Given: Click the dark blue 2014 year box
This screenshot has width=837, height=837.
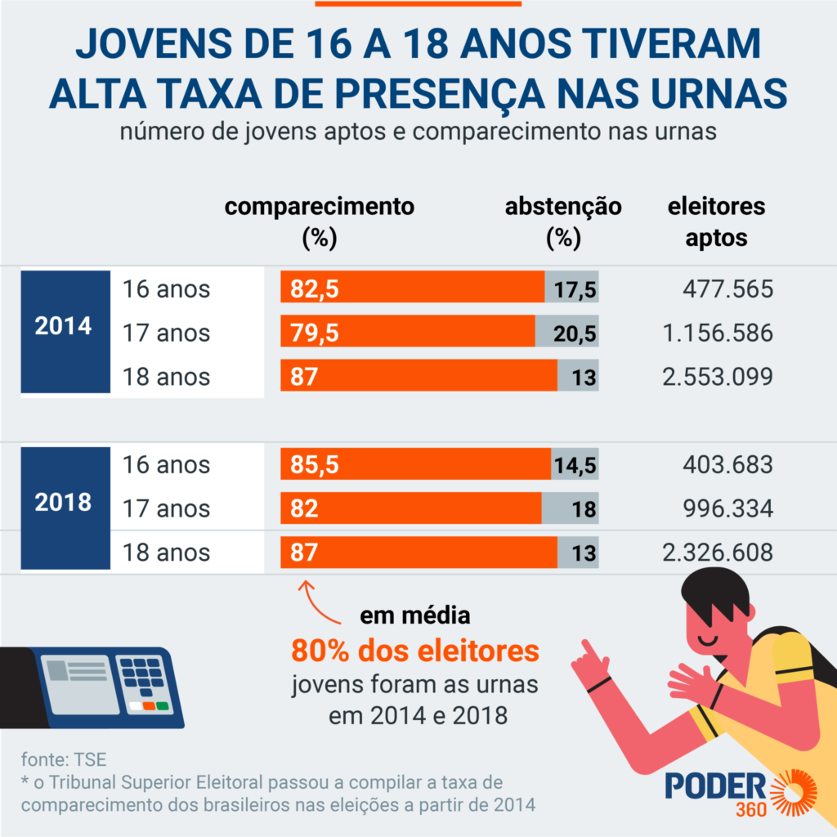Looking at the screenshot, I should pos(64,326).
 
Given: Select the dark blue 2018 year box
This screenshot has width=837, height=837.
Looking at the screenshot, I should pos(64,502).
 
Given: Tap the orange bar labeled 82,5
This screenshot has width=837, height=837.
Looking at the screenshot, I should pos(412,289).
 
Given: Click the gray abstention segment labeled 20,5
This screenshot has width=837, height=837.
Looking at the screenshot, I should pos(567,333).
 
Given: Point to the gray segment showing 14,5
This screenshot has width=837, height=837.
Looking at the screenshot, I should pos(575,465).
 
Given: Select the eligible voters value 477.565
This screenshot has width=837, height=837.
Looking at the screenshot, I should pos(727,289).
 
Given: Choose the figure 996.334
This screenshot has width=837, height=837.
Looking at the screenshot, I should pos(727,508).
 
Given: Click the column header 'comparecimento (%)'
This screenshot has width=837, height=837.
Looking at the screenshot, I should pos(320,222).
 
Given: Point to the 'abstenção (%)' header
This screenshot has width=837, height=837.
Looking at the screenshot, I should pos(563,222).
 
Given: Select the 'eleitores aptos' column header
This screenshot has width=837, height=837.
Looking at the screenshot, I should pos(716,222).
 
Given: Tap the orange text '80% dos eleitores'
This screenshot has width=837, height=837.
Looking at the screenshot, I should pos(415,651).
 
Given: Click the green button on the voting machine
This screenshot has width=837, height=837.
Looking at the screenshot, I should pos(162,705).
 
